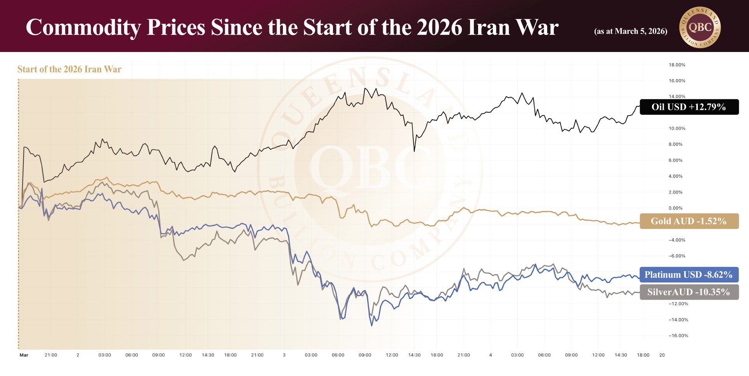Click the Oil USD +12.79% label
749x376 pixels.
689,107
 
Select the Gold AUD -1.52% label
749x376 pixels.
689,221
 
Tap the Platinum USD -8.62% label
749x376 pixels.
689,275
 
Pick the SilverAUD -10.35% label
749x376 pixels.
689,292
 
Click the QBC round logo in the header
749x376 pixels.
700,27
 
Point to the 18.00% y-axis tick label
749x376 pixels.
677,65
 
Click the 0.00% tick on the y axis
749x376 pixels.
675,208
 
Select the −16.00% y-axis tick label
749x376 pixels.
678,336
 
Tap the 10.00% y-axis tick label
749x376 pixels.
677,128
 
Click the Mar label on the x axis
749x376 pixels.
24,355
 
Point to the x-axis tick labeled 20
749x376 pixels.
662,355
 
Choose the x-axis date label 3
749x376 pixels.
284,355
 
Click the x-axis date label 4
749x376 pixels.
491,355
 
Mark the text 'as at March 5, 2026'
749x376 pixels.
631,31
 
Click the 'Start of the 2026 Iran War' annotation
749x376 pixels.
69,69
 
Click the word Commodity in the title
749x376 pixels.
83,28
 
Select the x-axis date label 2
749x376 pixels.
78,355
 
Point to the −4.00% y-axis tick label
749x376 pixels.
677,240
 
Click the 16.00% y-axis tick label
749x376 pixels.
677,81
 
